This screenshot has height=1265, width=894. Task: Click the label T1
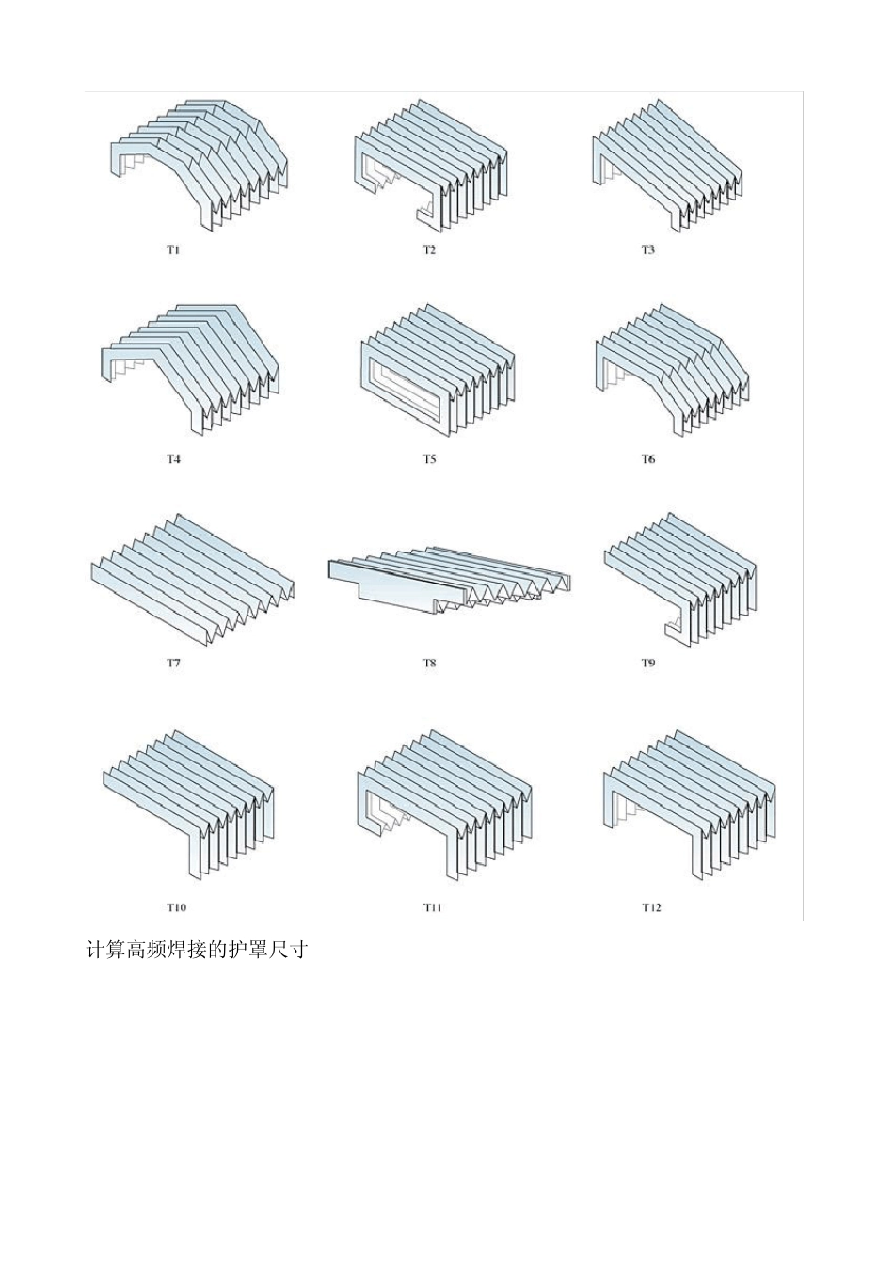pos(173,250)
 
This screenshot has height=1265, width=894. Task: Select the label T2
pos(429,250)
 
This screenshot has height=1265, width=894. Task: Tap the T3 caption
pos(647,250)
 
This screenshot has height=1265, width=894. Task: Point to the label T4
pos(173,459)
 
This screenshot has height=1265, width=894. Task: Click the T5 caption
pos(429,459)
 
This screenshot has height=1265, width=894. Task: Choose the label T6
pos(647,459)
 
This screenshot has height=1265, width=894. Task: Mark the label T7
pos(173,663)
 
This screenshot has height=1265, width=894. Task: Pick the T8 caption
pos(429,663)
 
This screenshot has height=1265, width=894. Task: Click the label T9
pos(647,663)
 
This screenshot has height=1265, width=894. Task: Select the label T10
pos(176,907)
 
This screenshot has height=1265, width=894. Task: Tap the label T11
pos(433,907)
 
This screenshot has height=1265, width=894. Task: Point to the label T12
pos(651,907)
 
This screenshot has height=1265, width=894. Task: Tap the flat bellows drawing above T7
pos(192,579)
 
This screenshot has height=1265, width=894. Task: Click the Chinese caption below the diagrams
pos(197,951)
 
